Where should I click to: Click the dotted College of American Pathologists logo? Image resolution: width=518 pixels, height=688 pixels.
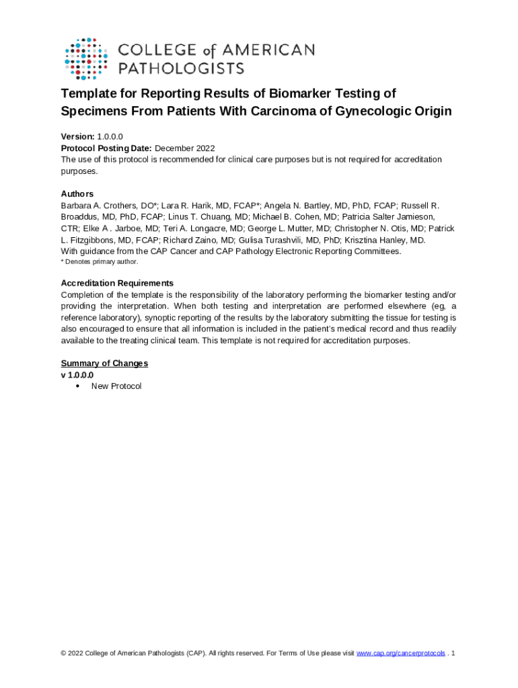tap(85, 58)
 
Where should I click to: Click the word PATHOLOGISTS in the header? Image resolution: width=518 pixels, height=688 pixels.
tap(181, 68)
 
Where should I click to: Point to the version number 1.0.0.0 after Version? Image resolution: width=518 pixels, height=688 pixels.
tap(110, 136)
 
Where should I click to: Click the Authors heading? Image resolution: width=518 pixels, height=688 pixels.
tap(77, 193)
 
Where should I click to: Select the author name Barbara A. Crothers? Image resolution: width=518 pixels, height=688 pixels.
tap(98, 206)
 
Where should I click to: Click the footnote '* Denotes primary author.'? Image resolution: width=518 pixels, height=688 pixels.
tap(100, 261)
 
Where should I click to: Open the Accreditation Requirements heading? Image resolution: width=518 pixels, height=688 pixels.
tap(117, 283)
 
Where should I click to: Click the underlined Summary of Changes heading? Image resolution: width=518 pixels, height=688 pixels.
tap(104, 363)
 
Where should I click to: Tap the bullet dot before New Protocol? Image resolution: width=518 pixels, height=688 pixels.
tap(79, 386)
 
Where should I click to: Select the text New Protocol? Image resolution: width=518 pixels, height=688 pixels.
tap(116, 386)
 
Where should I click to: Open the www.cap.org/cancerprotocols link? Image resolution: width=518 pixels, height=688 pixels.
tap(400, 653)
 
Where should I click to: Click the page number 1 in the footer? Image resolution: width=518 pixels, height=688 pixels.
tap(454, 653)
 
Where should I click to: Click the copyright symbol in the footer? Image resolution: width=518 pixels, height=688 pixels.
tap(63, 653)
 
